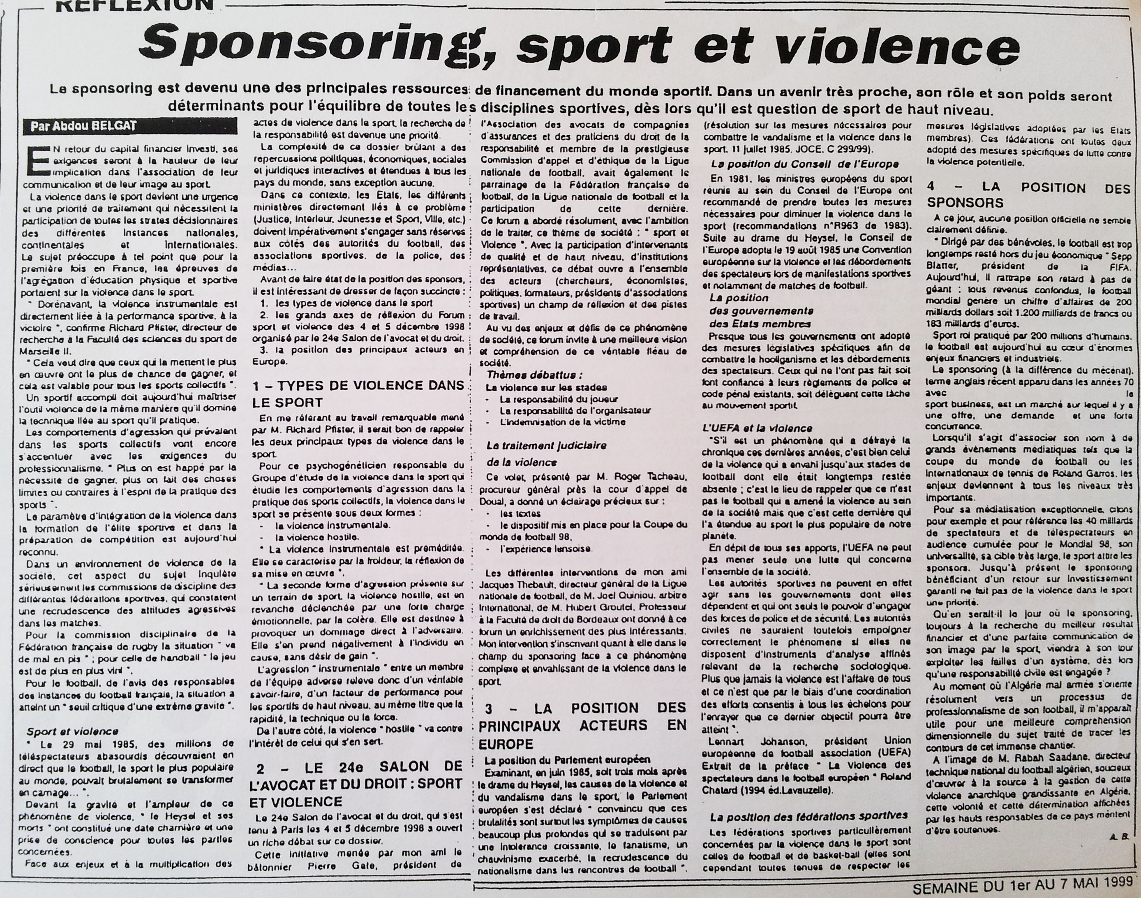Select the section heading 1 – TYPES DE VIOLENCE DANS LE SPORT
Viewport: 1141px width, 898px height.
click(x=358, y=394)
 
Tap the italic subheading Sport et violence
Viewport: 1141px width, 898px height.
click(x=72, y=731)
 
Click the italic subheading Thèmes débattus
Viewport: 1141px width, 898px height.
click(x=534, y=375)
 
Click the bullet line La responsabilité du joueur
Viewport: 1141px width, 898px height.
click(x=559, y=399)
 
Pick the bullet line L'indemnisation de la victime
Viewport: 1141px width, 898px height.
click(x=562, y=422)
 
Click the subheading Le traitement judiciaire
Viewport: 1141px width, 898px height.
click(x=547, y=445)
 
